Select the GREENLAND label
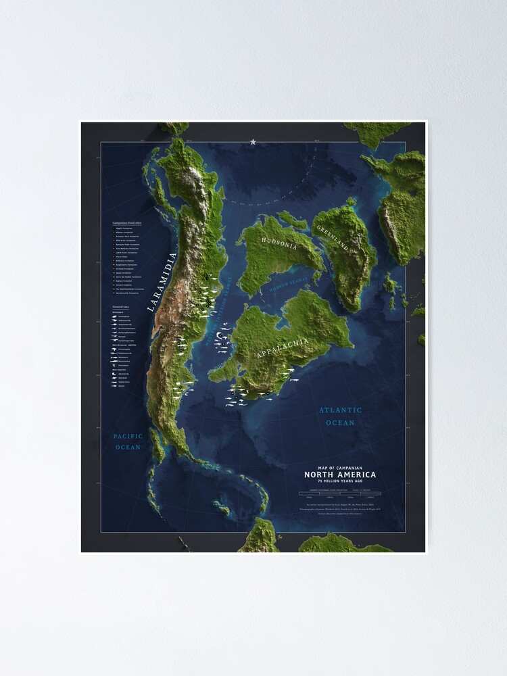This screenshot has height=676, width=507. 333,237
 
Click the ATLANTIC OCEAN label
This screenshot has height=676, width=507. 340,416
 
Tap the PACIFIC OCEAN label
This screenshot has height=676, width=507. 127,442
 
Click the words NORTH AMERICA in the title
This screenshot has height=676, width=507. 340,475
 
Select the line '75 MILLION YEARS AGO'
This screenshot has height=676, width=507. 340,481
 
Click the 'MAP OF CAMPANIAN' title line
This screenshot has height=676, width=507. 340,467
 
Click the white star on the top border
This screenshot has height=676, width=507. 254,142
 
